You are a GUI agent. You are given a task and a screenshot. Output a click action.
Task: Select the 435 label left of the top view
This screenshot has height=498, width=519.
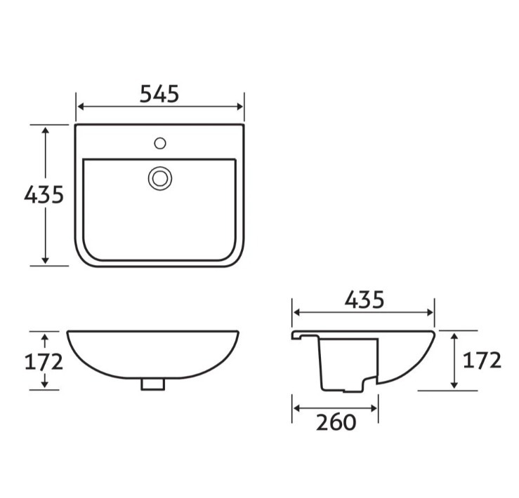tap(44, 194)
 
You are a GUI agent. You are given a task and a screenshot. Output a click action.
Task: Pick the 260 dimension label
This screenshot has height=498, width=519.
tap(336, 422)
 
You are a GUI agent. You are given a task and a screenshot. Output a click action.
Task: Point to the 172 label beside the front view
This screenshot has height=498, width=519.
tap(44, 361)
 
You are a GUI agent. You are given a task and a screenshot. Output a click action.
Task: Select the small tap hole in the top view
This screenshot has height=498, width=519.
tap(160, 144)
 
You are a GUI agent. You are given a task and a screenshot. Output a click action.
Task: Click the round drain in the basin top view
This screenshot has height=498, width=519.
tap(160, 177)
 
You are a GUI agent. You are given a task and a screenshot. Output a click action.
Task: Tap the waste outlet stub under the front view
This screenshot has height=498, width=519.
tap(152, 384)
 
